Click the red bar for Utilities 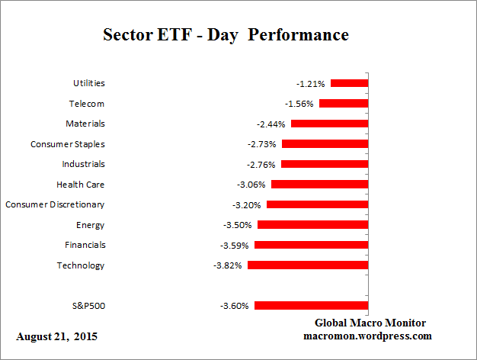click(x=349, y=83)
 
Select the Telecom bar click(x=344, y=103)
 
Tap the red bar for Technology click(x=308, y=265)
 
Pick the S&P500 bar click(x=311, y=306)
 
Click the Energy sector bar click(x=312, y=225)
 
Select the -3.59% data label click(x=236, y=246)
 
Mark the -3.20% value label click(x=248, y=205)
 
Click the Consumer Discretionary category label click(x=55, y=204)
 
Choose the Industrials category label click(x=83, y=164)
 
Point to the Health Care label click(x=81, y=185)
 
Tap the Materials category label click(x=85, y=124)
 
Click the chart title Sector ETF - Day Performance click(x=226, y=36)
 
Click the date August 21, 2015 click(x=56, y=336)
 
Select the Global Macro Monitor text click(x=370, y=323)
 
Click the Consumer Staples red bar click(x=325, y=144)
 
